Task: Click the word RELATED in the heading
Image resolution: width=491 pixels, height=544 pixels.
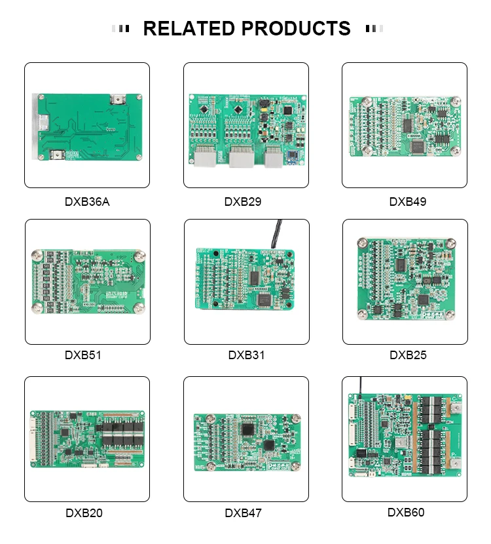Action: [x=189, y=29]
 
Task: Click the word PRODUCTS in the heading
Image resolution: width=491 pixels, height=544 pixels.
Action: [x=296, y=29]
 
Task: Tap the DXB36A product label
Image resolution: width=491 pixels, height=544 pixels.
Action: [x=87, y=202]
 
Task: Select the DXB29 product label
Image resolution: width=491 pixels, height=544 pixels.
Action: [x=243, y=202]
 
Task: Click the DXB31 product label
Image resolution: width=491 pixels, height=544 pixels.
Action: [x=246, y=355]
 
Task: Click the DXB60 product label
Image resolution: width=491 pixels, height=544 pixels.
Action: [x=406, y=513]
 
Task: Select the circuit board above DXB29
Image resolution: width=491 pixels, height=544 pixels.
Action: [x=245, y=130]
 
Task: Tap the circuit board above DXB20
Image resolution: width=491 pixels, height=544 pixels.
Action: [x=87, y=438]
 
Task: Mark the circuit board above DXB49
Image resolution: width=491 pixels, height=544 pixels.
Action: [x=404, y=126]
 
